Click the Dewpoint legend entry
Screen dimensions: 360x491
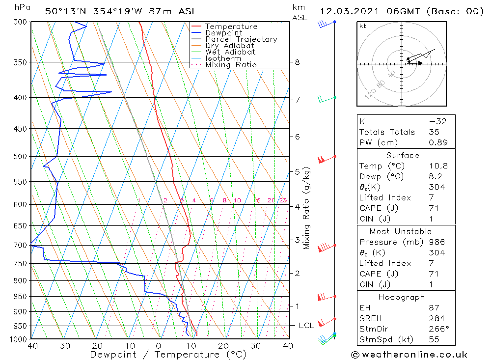pos(223,33)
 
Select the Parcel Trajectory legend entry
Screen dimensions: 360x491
pos(241,39)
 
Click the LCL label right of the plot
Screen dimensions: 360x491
pos(306,326)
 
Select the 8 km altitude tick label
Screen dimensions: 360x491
pos(297,62)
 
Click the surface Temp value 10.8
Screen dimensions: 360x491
pos(438,166)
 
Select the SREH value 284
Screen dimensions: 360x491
pos(435,319)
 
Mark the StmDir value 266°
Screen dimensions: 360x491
pos(436,329)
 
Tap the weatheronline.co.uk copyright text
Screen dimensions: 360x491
pos(409,355)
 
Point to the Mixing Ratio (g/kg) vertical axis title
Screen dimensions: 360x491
pos(307,208)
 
